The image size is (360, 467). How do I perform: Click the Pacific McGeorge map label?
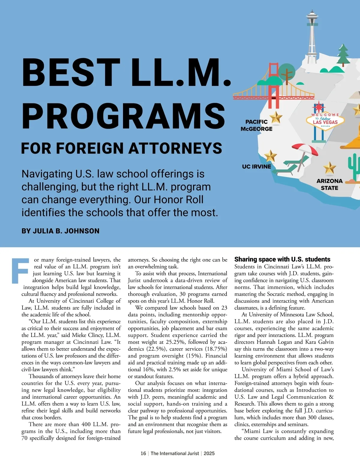click(x=256, y=125)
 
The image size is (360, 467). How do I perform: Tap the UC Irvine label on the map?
click(x=256, y=167)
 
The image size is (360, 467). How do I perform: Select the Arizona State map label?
click(x=329, y=184)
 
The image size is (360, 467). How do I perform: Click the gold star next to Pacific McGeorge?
click(x=275, y=117)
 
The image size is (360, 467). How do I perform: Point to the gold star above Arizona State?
click(x=329, y=168)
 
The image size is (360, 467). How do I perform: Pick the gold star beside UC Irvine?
click(x=270, y=156)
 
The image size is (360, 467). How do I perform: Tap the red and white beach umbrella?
click(x=305, y=149)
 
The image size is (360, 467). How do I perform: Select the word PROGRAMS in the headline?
click(x=123, y=116)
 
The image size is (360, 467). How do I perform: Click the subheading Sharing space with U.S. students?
click(x=282, y=259)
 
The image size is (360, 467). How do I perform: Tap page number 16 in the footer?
click(x=143, y=454)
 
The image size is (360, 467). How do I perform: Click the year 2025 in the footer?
click(x=209, y=454)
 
